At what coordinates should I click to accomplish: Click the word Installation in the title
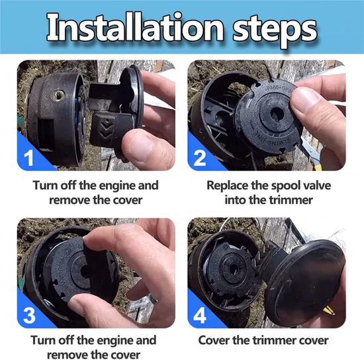point(135,28)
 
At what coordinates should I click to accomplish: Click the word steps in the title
point(275,30)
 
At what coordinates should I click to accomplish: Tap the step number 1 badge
point(29,158)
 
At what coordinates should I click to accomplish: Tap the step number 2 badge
point(200,158)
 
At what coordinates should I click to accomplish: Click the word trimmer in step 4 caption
point(275,340)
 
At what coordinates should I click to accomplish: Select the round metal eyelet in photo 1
point(58,95)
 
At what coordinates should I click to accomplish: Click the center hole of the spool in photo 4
point(232,269)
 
